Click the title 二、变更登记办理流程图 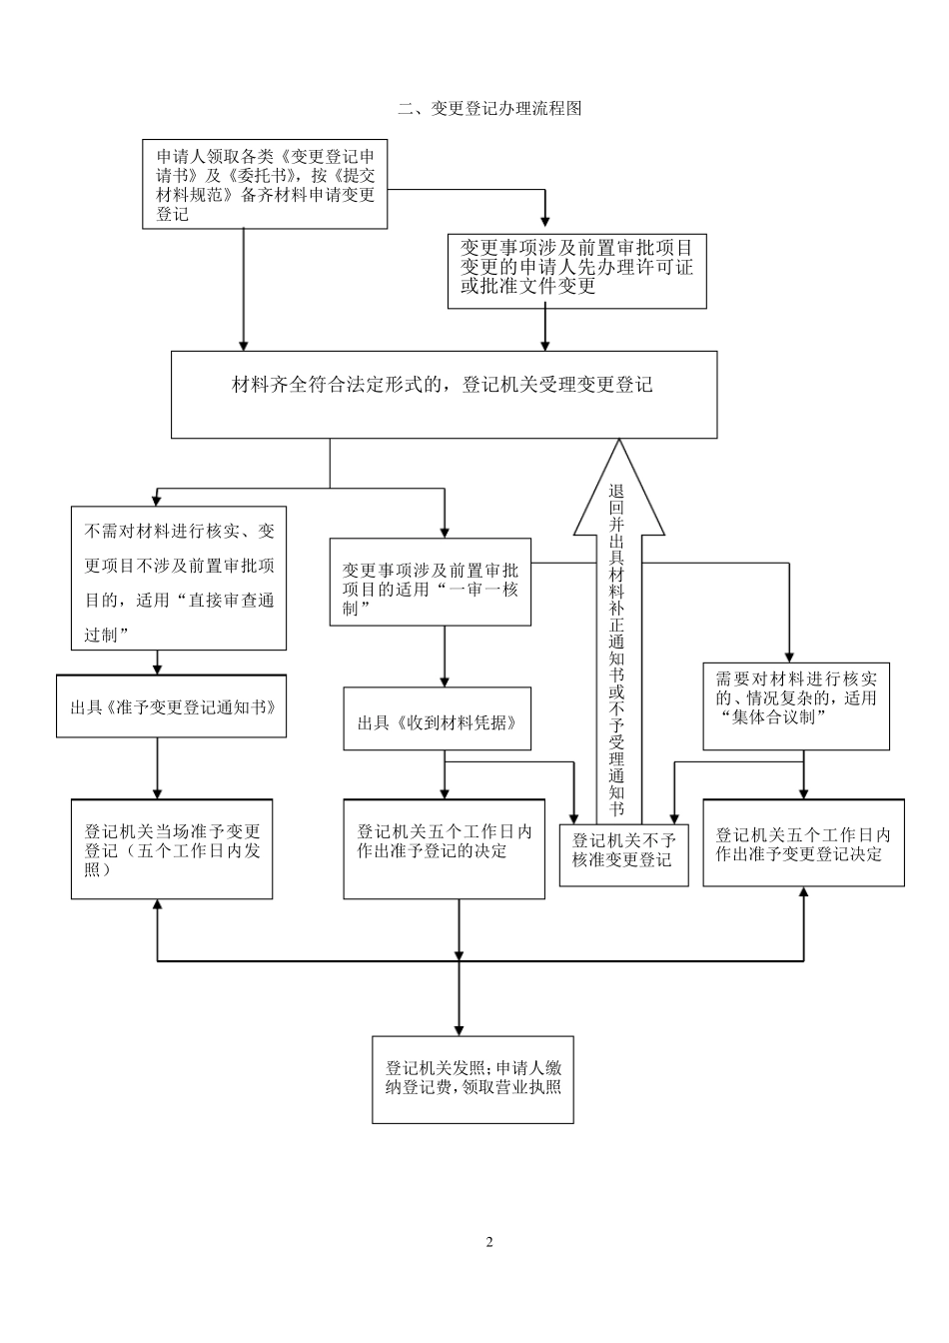[x=489, y=109]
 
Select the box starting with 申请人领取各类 [x=265, y=185]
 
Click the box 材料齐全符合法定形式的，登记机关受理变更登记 [x=444, y=394]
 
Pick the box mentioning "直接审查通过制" [x=179, y=579]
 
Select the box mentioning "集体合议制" [x=796, y=706]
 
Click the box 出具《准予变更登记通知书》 [x=171, y=706]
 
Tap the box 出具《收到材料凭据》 [x=438, y=719]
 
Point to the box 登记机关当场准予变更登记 [x=172, y=849]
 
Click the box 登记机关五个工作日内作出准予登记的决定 [x=445, y=849]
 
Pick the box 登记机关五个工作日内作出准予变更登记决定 [x=804, y=843]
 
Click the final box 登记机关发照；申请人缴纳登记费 [x=474, y=1078]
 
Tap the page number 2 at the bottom [x=489, y=1242]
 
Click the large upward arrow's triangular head [x=618, y=490]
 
